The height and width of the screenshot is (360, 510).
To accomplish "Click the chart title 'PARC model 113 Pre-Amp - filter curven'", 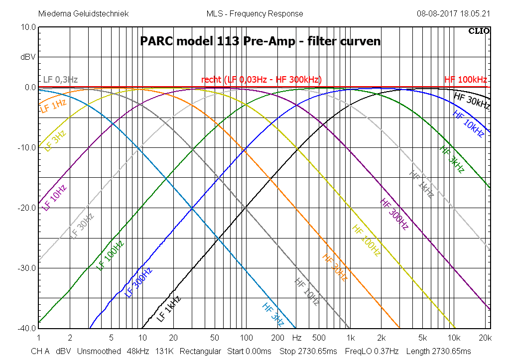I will pyautogui.click(x=260, y=41).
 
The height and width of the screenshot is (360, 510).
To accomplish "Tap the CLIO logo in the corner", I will pyautogui.click(x=479, y=31).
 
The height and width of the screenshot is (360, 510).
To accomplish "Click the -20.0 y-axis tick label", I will pyautogui.click(x=27, y=208).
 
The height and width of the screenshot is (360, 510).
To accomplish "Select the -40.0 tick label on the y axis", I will pyautogui.click(x=27, y=329).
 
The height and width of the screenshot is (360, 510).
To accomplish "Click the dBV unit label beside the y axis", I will pyautogui.click(x=28, y=57).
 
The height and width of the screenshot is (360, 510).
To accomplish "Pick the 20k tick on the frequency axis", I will pyautogui.click(x=484, y=338).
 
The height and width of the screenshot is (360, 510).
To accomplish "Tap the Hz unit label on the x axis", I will pyautogui.click(x=297, y=338).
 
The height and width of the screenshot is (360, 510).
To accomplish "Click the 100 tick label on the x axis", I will pyautogui.click(x=244, y=338).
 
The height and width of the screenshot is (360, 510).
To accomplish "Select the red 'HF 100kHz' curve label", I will pyautogui.click(x=465, y=80).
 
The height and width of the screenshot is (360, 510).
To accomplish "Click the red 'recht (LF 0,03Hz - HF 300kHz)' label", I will pyautogui.click(x=261, y=80).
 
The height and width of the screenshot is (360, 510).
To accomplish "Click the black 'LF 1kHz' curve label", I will pyautogui.click(x=168, y=309).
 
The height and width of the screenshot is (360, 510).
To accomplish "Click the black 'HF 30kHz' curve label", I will pyautogui.click(x=472, y=100).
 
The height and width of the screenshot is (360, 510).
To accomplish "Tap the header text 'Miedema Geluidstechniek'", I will pyautogui.click(x=83, y=13).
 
